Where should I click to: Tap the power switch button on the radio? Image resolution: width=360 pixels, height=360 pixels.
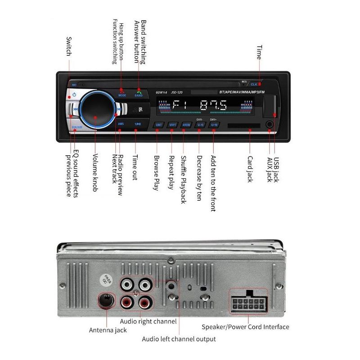click(x=73, y=96)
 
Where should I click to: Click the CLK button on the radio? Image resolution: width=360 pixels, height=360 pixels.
click(x=254, y=84)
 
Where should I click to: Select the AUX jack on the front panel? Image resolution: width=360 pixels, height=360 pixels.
click(x=270, y=125)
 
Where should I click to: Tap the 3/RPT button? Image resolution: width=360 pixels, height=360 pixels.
click(x=172, y=125)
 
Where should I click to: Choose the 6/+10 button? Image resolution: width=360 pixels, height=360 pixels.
click(x=215, y=125)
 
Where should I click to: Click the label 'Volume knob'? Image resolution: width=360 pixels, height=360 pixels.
click(x=95, y=173)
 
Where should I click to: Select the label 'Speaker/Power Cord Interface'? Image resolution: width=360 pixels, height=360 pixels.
click(x=245, y=327)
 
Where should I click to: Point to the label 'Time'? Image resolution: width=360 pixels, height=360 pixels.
click(x=259, y=52)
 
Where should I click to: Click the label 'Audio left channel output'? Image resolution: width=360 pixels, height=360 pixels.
click(x=179, y=339)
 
